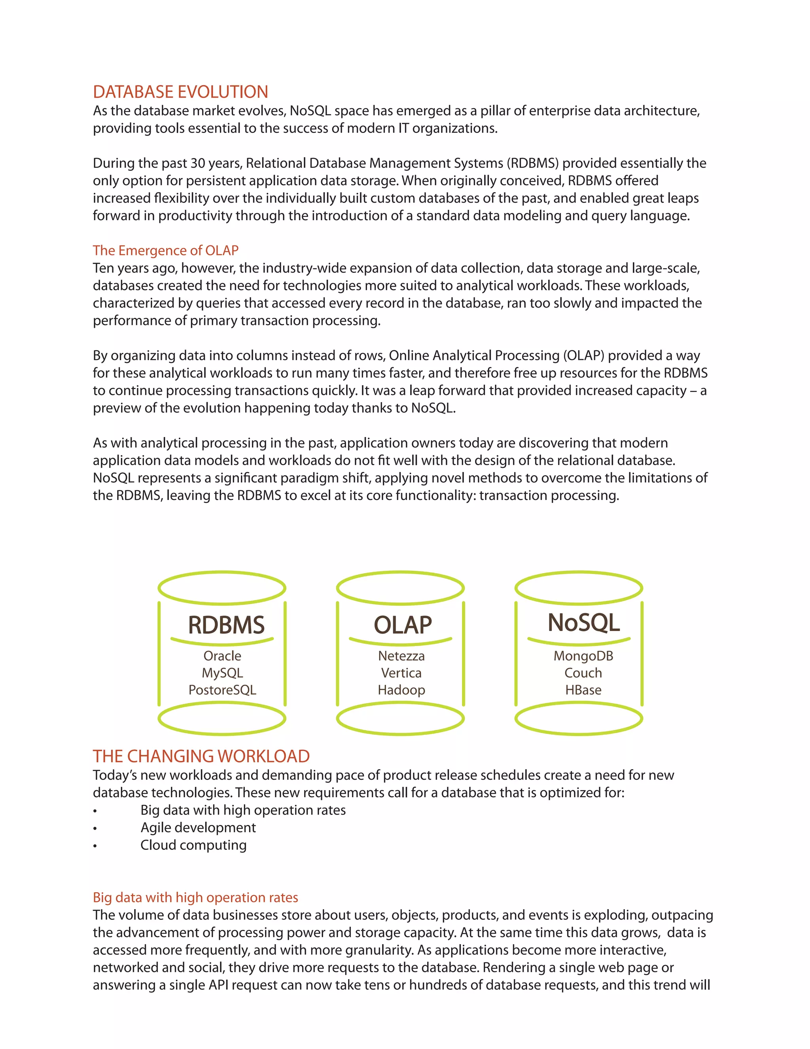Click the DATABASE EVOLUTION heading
tap(180, 92)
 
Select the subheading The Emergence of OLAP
tap(166, 250)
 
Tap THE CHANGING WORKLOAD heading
tap(201, 756)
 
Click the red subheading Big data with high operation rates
tap(195, 897)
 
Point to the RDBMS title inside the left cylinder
tap(226, 625)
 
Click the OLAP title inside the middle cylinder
tap(403, 625)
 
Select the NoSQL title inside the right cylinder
tap(583, 623)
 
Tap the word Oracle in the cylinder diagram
tap(222, 656)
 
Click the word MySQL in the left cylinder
tap(222, 673)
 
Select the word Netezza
tap(401, 656)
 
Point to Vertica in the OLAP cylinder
tap(401, 673)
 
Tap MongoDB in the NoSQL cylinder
tap(583, 656)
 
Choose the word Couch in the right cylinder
tap(583, 673)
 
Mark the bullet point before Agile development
tap(95, 829)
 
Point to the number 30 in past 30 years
tap(198, 163)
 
